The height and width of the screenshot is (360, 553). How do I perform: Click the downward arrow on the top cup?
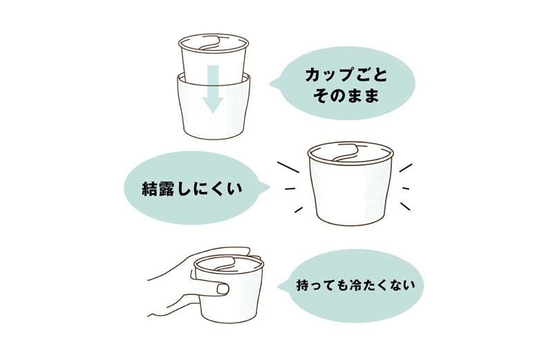213,89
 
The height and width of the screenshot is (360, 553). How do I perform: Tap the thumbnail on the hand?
222,290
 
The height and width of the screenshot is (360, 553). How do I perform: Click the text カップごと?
346,75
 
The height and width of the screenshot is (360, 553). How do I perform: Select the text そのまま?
346,96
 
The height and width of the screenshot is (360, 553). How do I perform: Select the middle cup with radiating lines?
350,183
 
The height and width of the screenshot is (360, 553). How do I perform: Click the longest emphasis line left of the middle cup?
288,167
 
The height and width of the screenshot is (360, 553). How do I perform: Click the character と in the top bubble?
379,75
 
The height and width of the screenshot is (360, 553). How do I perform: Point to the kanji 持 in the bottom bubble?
303,285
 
